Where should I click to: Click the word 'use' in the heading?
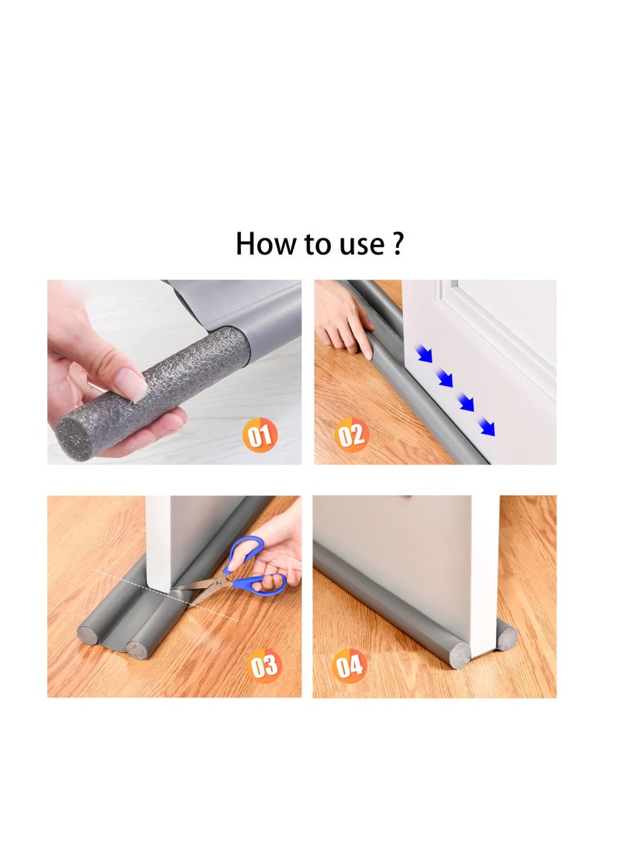tap(359, 245)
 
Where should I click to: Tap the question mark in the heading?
tap(398, 243)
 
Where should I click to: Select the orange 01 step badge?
tap(260, 435)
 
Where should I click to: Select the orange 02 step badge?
tap(351, 435)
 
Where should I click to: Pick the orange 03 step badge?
tap(265, 665)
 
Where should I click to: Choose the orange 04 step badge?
tap(350, 665)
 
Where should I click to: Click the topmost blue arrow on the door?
tap(423, 355)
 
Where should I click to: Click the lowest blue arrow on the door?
tap(486, 426)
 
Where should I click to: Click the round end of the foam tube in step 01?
tap(74, 439)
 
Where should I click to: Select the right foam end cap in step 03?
tap(137, 648)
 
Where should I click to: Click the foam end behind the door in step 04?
tap(507, 638)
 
